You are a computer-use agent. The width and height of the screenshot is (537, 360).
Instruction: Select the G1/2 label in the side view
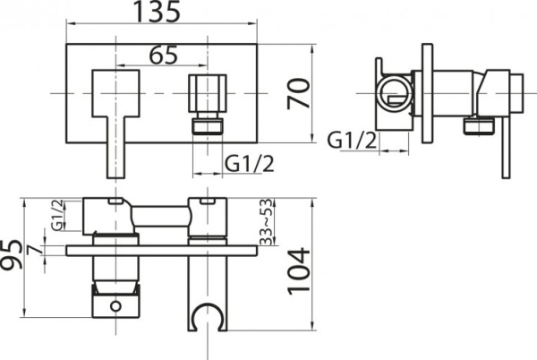point(348,140)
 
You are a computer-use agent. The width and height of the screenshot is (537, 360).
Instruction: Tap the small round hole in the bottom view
point(114,308)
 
